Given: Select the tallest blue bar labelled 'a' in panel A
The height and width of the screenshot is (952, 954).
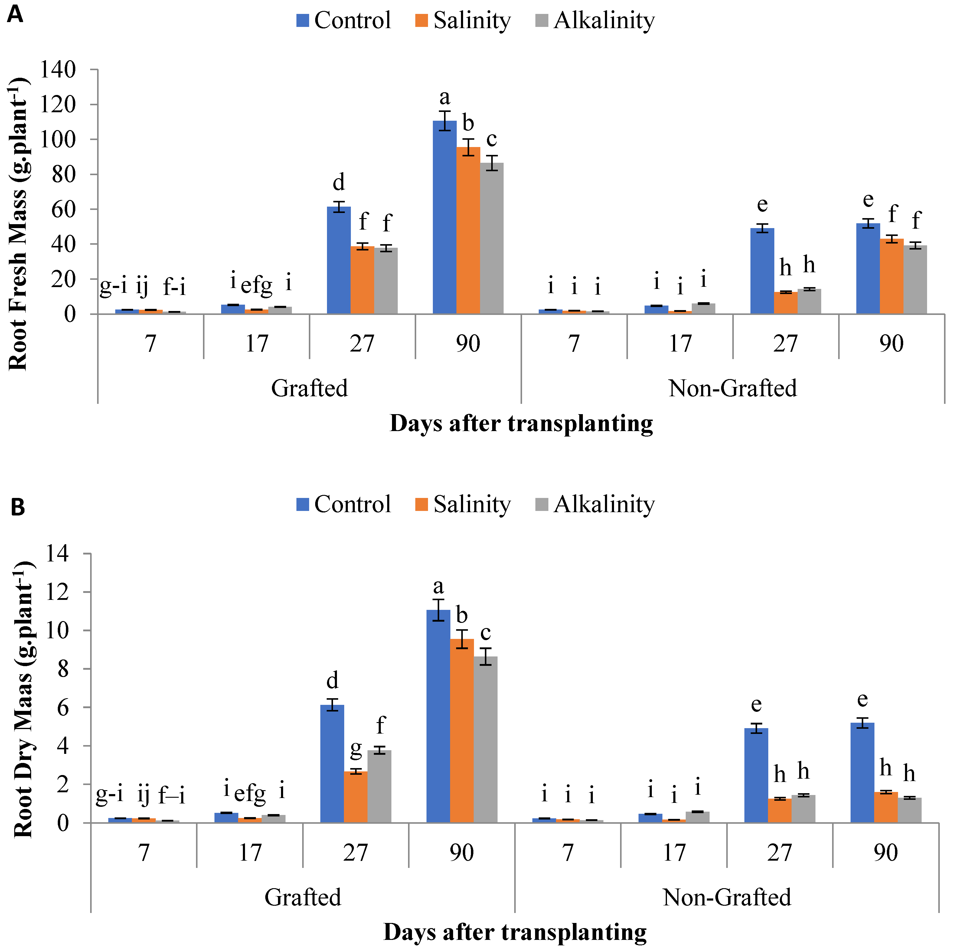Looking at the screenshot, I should [444, 217].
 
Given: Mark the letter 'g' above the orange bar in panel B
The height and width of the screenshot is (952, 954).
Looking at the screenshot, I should [355, 750].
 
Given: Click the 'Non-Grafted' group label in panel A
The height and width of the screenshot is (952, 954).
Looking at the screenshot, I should [732, 388].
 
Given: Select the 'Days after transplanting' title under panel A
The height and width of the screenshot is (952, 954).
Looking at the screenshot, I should [521, 424].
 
